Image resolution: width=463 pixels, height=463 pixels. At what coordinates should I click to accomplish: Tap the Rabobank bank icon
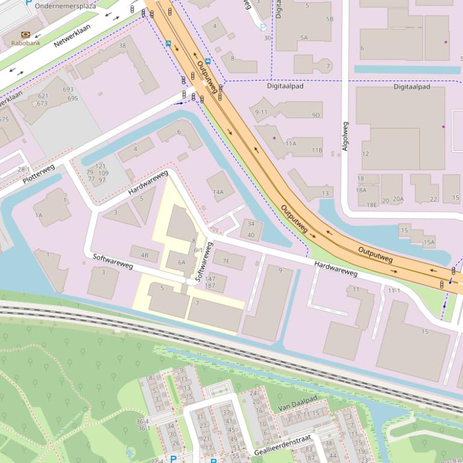pos(25,34)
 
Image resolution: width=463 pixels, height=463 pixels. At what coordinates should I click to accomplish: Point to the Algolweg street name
pos(345,136)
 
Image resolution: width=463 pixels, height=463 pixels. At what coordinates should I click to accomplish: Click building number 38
pos(123,46)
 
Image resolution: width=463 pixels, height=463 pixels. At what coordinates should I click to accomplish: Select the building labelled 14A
pos(218,192)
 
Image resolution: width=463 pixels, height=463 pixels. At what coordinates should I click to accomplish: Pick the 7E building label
pos(226,261)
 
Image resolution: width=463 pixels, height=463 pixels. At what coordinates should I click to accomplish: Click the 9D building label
pos(316,115)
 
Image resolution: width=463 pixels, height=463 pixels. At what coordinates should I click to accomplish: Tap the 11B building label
pos(317,150)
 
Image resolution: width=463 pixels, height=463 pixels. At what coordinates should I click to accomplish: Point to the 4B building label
pos(144,255)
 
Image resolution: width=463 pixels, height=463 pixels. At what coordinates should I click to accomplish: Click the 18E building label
pos(373,205)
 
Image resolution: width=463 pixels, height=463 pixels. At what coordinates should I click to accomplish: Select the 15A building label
pos(429,243)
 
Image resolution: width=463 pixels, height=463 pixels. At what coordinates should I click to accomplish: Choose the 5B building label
pos(330,19)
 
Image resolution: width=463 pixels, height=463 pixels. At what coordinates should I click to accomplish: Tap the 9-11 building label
pos(261,112)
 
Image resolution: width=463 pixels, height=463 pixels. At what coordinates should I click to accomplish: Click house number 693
pos(68,90)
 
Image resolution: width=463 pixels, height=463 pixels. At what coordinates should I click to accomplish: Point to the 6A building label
pos(182,262)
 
